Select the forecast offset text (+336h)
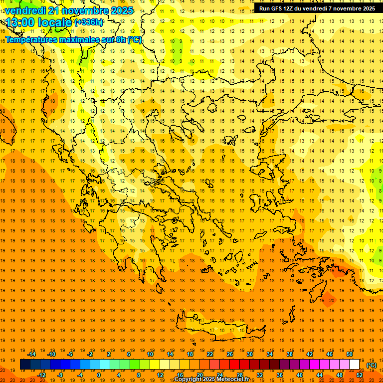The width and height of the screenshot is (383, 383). tap(89, 22)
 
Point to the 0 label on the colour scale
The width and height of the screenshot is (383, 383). tap(98, 375)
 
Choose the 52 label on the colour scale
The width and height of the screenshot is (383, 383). tap(360, 375)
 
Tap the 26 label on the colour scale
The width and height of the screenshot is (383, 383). tap(230, 354)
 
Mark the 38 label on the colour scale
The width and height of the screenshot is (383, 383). tap(290, 354)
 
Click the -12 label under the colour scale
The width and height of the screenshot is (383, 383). tap(41, 375)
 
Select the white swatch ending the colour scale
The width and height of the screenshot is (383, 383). tap(354, 365)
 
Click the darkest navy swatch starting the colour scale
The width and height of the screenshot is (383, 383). tap(25, 365)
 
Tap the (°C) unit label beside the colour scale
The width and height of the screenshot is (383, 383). tap(371, 365)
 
